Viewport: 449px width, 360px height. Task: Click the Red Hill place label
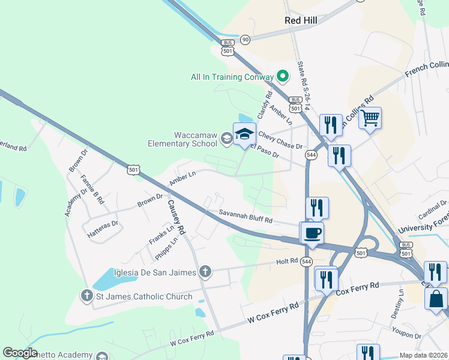coord(301,20)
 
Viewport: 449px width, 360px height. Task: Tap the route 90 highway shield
coord(245,40)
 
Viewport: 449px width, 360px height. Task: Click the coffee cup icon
coord(312,232)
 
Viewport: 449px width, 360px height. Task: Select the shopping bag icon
coord(436,298)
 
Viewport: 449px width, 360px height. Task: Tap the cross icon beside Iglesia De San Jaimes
coord(205,272)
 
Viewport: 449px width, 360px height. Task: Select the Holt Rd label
coord(287,261)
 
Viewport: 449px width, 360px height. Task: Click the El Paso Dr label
coord(265,151)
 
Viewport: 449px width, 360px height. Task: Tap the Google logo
coord(20,353)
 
